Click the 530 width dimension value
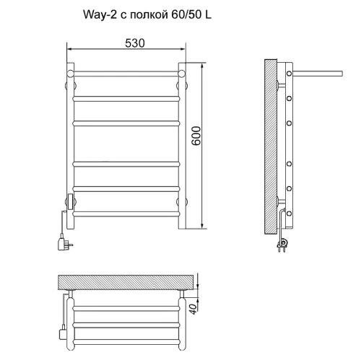pos(135,43)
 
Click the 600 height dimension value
pos(196,136)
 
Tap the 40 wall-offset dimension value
pos(193,309)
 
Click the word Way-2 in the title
pos(100,15)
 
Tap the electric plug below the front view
pos(64,243)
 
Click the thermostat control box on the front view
pos(71,201)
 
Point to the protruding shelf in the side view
pos(317,73)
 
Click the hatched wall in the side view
pos(271,146)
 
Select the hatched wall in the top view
pos(126,282)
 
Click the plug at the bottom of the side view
pos(282,245)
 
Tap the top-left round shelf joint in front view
pos(70,74)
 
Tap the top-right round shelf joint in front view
pos(182,74)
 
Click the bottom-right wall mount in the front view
pos(182,201)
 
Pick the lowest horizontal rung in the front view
pos(126,214)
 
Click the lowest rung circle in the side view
pos(289,214)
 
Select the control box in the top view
pos(63,334)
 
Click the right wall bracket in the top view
pos(182,294)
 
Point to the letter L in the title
pos(208,15)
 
